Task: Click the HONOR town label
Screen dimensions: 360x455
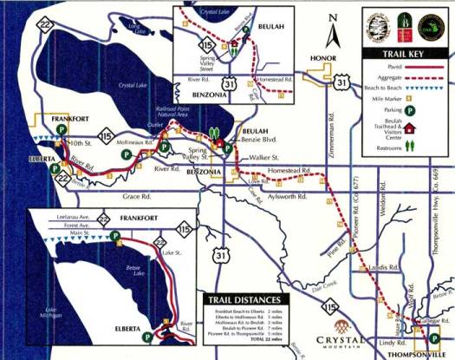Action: (x=319, y=59)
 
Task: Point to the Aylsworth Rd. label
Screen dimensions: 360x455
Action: (x=288, y=197)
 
